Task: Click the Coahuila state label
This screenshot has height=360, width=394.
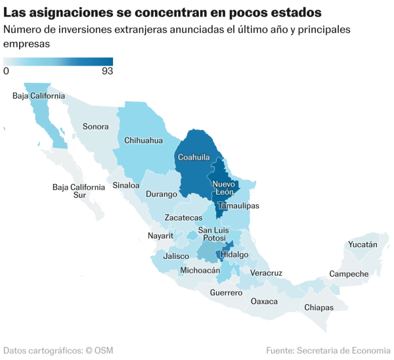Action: [x=194, y=157]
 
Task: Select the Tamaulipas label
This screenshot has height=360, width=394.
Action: [x=238, y=206]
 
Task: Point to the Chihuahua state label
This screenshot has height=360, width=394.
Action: [x=144, y=140]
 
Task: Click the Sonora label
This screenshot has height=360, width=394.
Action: [x=96, y=126]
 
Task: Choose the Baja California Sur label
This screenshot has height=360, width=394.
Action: [x=79, y=191]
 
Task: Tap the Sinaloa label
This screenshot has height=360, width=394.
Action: [x=126, y=185]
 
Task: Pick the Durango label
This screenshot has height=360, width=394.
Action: [x=162, y=194]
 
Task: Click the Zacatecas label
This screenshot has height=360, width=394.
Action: [x=184, y=217]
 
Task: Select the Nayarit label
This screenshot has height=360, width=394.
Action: [x=160, y=235]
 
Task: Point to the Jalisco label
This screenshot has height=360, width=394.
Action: [x=177, y=256]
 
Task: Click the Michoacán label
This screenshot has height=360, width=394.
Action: [x=200, y=270]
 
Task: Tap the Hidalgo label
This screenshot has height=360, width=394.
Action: [x=235, y=254]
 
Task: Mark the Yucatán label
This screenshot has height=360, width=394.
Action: [x=362, y=244]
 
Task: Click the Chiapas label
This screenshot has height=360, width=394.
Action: [x=319, y=307]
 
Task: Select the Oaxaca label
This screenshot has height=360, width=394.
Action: [x=264, y=302]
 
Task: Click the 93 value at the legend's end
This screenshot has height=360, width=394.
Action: [x=107, y=71]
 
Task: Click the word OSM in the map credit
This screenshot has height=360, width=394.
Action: [x=103, y=351]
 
